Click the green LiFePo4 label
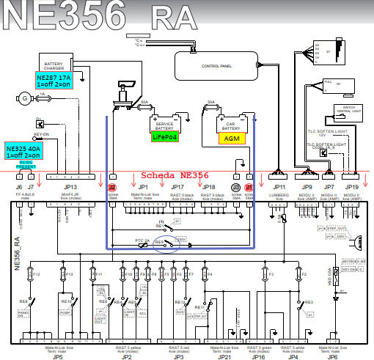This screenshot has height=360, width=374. (164, 136)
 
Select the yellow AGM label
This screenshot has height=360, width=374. (232, 137)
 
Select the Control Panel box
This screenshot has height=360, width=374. (216, 66)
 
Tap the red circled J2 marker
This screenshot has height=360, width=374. (112, 188)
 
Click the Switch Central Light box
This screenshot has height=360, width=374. (348, 112)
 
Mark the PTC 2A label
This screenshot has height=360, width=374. (144, 242)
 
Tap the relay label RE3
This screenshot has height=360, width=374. (309, 301)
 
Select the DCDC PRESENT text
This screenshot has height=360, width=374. (26, 165)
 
